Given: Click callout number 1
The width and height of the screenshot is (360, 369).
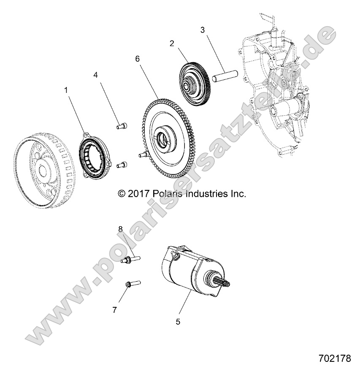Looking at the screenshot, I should point(65,90).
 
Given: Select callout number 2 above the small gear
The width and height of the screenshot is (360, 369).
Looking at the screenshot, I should point(172,43).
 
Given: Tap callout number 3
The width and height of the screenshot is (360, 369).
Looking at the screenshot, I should point(203,30).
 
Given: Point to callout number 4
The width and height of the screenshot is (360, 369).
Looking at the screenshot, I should point(95,75).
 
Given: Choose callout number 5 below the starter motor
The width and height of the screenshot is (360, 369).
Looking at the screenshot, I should point(178,321).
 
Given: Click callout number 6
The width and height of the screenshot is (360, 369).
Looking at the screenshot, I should point(137,59).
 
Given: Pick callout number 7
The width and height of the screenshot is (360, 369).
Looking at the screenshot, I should point(114,309).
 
